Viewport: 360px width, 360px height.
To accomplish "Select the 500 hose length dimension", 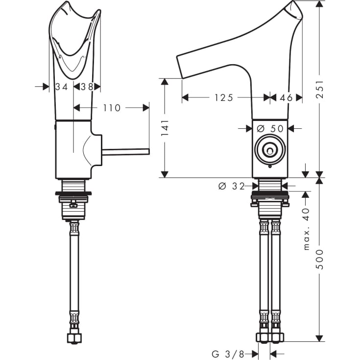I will click(x=319, y=258).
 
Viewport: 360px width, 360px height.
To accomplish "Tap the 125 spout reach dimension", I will click(x=223, y=97).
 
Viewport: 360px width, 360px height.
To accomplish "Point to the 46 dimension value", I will click(x=286, y=97).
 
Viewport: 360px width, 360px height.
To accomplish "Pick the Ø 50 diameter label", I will click(x=270, y=128).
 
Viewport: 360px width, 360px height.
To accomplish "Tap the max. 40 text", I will click(x=307, y=229).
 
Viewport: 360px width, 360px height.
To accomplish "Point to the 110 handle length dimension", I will click(x=112, y=107).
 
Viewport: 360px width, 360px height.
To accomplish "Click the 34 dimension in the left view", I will click(x=61, y=87).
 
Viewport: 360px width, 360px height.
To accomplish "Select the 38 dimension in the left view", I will click(x=87, y=87).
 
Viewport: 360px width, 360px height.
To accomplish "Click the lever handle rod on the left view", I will click(x=125, y=151).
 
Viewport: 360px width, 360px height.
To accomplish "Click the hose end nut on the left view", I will click(x=75, y=337).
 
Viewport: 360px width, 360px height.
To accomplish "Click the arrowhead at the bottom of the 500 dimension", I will click(x=319, y=337).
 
